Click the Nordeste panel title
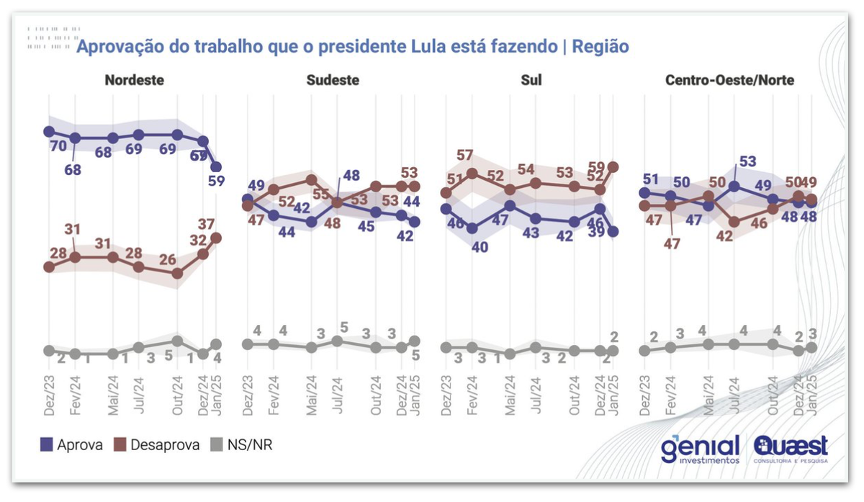coord(135,80)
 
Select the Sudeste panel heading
coord(333,80)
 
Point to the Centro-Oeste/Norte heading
coord(729,80)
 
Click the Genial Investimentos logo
coord(701,449)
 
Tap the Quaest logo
coord(791,449)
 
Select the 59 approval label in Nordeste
coord(216,181)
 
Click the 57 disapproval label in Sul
coord(465,156)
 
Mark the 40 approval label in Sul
coord(480,247)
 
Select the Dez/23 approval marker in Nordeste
coord(49,132)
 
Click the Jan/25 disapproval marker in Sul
coord(613,166)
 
